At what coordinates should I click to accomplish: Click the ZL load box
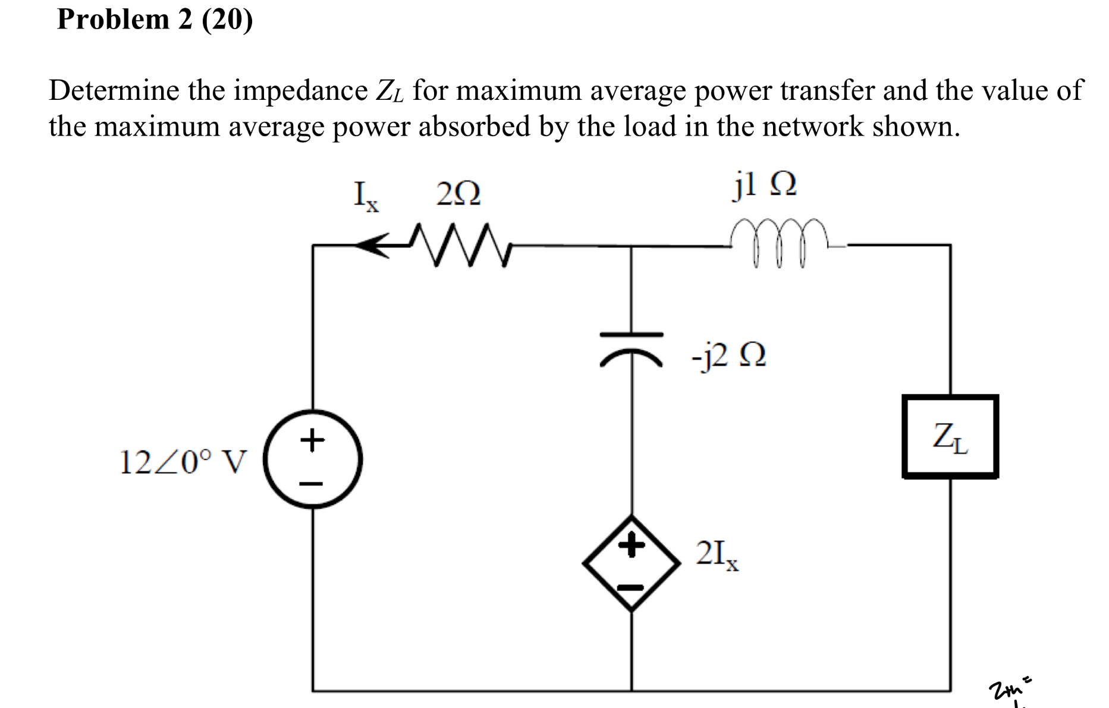(950, 436)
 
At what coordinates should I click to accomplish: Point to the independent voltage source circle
(313, 459)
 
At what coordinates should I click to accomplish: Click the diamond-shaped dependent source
(632, 563)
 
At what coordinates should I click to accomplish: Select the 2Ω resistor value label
(458, 194)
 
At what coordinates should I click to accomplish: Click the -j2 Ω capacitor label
(728, 355)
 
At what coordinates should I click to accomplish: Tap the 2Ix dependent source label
(717, 555)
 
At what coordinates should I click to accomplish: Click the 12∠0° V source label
(183, 462)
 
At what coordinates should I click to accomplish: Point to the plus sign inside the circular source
(312, 440)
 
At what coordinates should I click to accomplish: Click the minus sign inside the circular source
(311, 484)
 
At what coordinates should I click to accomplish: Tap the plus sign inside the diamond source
(632, 545)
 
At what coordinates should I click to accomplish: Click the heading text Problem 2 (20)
(155, 19)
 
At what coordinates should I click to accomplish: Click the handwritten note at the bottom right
(1011, 692)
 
